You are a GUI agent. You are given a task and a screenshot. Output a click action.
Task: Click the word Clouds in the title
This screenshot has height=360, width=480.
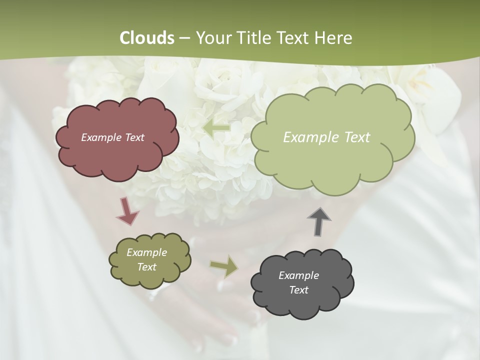(147, 38)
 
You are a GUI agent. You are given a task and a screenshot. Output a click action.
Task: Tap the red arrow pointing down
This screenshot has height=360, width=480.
(127, 211)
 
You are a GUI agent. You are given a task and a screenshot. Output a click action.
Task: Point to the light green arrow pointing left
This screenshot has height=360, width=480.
(216, 128)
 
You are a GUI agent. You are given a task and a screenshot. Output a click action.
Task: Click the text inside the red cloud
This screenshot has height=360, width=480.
(112, 137)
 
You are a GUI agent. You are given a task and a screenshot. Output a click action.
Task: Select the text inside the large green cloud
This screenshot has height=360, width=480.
(326, 137)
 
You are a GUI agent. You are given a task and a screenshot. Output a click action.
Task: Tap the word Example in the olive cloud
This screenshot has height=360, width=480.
(146, 252)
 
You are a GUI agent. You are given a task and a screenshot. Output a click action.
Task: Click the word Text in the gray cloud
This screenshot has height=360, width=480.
(298, 290)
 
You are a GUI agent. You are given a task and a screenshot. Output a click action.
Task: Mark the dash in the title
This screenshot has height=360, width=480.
(185, 38)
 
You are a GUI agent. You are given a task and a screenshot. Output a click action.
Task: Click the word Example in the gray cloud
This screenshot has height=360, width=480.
(298, 275)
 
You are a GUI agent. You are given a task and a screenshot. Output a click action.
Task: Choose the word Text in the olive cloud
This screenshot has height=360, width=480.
(146, 267)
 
